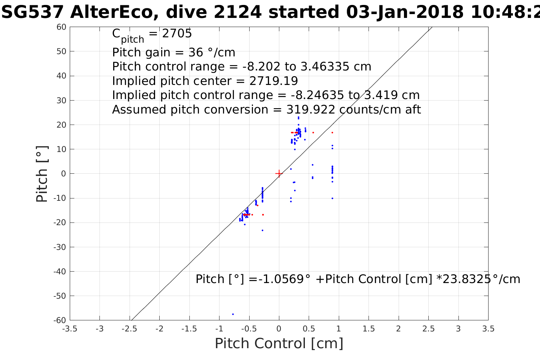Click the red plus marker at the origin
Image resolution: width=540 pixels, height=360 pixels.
(279, 174)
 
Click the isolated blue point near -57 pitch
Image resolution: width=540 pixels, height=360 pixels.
(233, 314)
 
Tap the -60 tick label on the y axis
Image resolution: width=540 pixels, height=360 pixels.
(59, 320)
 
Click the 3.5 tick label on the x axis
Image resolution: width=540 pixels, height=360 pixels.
(488, 329)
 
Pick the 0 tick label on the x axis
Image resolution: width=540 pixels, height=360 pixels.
(279, 329)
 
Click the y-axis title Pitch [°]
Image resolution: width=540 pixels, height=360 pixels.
(42, 174)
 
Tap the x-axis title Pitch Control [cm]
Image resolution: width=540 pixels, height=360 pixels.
(279, 344)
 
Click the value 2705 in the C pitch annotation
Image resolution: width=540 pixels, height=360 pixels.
(177, 34)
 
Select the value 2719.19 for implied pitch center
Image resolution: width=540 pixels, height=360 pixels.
(274, 81)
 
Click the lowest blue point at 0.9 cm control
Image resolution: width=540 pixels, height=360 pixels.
(332, 198)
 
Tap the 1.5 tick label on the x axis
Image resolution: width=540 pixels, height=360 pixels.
(369, 329)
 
